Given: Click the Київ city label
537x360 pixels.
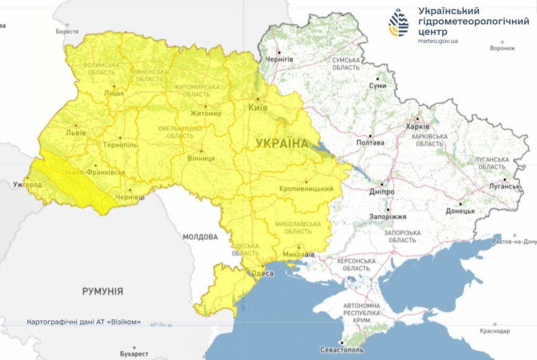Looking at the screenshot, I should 257,108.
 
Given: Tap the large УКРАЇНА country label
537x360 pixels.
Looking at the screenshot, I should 282,143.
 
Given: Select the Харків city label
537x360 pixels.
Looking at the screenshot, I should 417,127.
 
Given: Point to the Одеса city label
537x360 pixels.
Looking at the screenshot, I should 263,273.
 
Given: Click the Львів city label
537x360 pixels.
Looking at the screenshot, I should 76,133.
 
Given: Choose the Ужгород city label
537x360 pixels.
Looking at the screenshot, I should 27,185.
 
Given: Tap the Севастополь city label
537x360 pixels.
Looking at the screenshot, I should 341,350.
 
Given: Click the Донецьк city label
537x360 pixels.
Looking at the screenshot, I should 460,211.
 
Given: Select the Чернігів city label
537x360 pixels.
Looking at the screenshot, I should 279,59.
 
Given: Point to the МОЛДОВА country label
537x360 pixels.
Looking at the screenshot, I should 200,237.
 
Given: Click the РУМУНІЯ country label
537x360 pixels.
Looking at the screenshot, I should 102,291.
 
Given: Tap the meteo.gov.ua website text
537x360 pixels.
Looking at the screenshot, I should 438,41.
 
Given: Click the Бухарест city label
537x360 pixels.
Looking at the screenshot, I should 134,354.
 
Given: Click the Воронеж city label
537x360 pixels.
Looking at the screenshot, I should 502,48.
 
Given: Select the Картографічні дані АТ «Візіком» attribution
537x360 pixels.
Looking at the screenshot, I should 83,322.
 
